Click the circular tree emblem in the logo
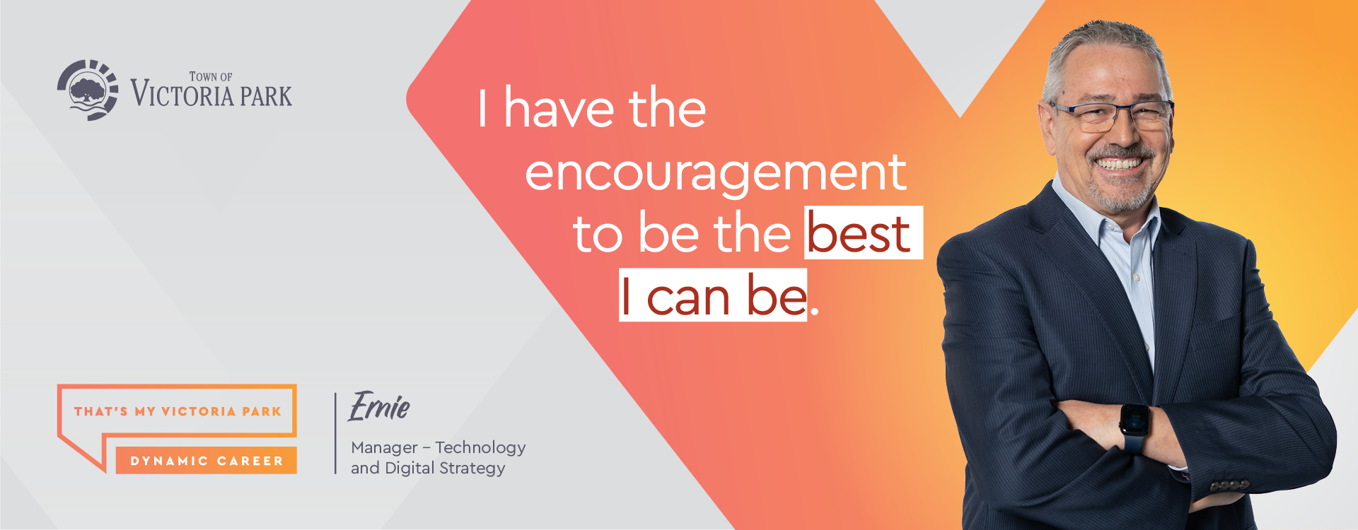click(x=88, y=90)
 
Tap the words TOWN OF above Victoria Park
click(x=211, y=76)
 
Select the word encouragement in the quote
click(x=715, y=173)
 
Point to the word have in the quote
click(x=559, y=110)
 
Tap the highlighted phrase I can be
click(x=713, y=296)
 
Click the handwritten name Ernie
click(x=379, y=406)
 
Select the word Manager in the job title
click(x=384, y=448)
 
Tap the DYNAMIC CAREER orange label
click(x=207, y=461)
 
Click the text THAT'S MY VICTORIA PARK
click(x=178, y=411)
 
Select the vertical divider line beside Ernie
click(x=335, y=433)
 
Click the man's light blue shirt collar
click(x=1103, y=212)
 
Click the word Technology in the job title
click(x=480, y=448)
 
